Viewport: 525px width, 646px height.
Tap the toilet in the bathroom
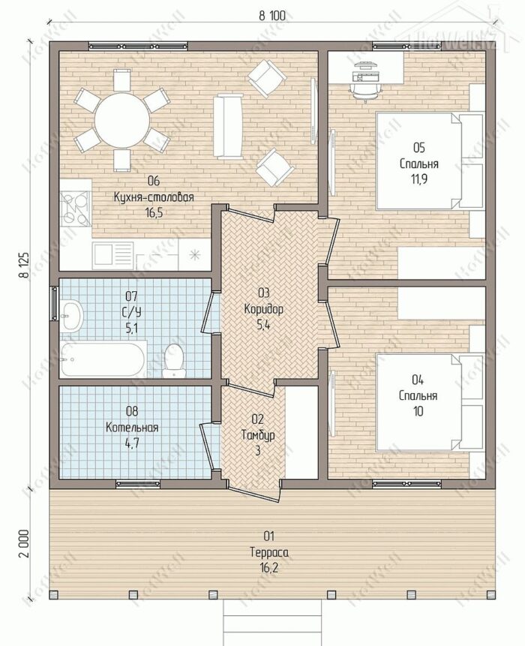(174, 360)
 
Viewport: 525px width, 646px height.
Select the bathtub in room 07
(103, 359)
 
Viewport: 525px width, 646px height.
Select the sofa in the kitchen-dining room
(228, 126)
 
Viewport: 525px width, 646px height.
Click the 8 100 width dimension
(271, 16)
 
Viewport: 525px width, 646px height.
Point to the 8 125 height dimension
(25, 266)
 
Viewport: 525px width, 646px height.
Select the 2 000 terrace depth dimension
(25, 543)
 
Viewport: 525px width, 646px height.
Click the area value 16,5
(154, 213)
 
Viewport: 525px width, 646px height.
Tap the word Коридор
(263, 309)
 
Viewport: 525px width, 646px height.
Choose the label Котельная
(132, 427)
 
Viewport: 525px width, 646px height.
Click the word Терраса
(269, 552)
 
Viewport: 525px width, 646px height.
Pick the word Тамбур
(258, 435)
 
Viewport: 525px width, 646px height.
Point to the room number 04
(418, 380)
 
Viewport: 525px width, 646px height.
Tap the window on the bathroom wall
(54, 303)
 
